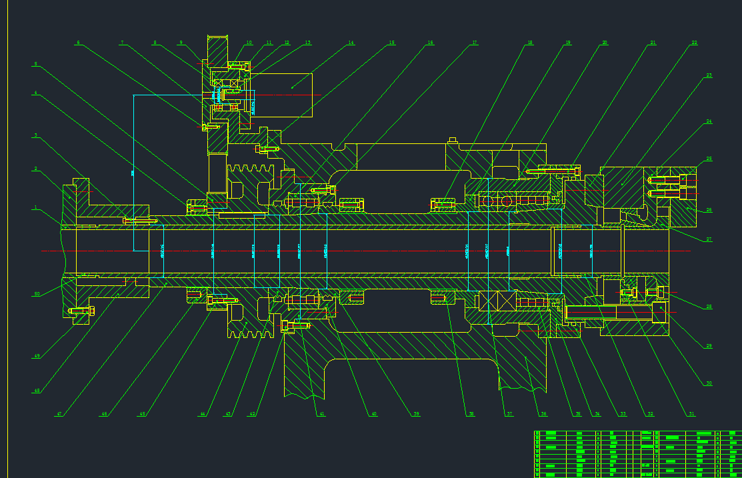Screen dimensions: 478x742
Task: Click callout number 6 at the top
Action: [78, 43]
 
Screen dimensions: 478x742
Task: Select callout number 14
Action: [351, 43]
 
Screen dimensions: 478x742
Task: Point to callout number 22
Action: [694, 43]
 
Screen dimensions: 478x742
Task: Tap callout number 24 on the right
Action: [709, 121]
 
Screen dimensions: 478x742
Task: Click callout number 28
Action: [709, 307]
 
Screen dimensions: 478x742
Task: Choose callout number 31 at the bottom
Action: [692, 414]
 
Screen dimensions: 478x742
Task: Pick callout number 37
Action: [509, 414]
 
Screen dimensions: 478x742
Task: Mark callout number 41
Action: [321, 414]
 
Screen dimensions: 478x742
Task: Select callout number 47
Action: [59, 414]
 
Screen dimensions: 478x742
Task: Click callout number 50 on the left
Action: [37, 293]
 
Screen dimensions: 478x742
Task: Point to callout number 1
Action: [36, 207]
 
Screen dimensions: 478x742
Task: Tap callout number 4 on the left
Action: [36, 93]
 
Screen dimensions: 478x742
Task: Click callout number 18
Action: [529, 43]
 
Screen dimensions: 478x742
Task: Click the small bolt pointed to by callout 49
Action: [81, 310]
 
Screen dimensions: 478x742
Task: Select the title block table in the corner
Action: [637, 454]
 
